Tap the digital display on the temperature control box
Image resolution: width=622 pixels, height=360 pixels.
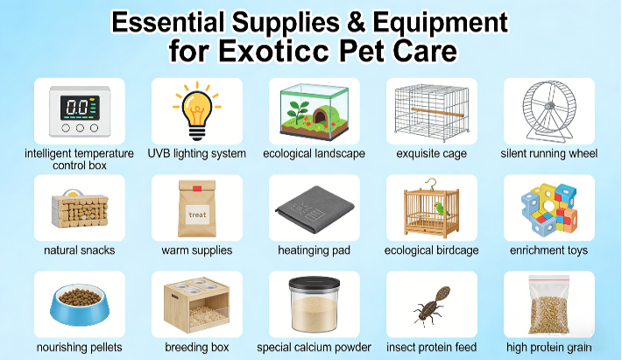80,108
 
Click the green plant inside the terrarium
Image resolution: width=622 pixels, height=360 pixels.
298,110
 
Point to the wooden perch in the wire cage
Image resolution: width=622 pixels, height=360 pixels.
437,112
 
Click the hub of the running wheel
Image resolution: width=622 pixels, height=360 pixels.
549,106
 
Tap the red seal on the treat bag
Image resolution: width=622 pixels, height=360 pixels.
197,188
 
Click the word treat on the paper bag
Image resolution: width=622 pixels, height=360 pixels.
197,215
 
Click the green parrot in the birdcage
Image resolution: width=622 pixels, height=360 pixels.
441,208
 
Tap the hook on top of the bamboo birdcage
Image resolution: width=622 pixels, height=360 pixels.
430,184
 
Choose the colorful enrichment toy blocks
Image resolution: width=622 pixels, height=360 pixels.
549,208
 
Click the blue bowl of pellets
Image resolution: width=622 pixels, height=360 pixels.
80,304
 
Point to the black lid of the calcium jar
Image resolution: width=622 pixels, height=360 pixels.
315,283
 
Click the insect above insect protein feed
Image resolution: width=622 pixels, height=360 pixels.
432,305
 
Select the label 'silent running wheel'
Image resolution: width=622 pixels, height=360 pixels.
549,153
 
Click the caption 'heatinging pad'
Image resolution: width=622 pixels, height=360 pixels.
315,251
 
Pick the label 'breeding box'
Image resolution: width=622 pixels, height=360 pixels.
197,348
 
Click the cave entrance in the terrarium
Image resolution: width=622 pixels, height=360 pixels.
320,116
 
